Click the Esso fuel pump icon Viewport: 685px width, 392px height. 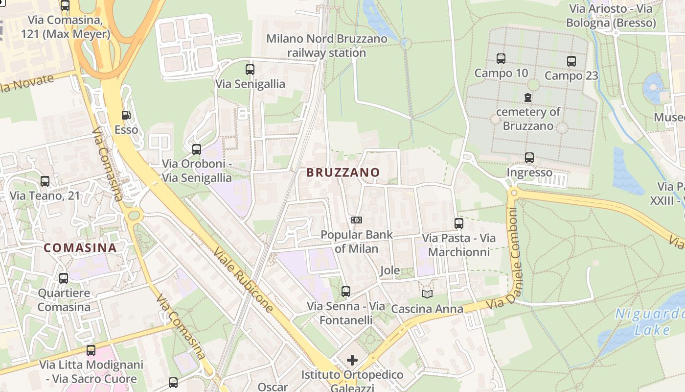click(126, 115)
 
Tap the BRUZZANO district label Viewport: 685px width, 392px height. click(343, 172)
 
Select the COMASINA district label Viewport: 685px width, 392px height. click(80, 248)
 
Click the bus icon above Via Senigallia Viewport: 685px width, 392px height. click(250, 70)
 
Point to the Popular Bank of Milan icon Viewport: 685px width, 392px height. click(357, 220)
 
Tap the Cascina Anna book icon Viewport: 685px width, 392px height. click(427, 294)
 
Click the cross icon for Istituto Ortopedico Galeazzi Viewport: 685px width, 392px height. click(352, 361)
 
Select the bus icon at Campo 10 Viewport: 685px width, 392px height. click(501, 59)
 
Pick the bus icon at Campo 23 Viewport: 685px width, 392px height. click(571, 61)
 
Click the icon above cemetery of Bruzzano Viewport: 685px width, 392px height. click(528, 98)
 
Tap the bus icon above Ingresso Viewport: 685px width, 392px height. click(529, 158)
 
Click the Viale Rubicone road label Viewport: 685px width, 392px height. click(243, 279)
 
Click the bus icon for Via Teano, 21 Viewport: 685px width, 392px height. click(45, 181)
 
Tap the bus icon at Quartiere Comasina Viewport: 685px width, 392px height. click(64, 278)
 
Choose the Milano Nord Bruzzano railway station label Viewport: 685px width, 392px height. click(326, 46)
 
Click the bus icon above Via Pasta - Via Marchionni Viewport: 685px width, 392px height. click(459, 223)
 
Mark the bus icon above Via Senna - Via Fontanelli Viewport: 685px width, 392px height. click(346, 292)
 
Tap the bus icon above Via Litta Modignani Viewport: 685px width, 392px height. click(91, 350)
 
